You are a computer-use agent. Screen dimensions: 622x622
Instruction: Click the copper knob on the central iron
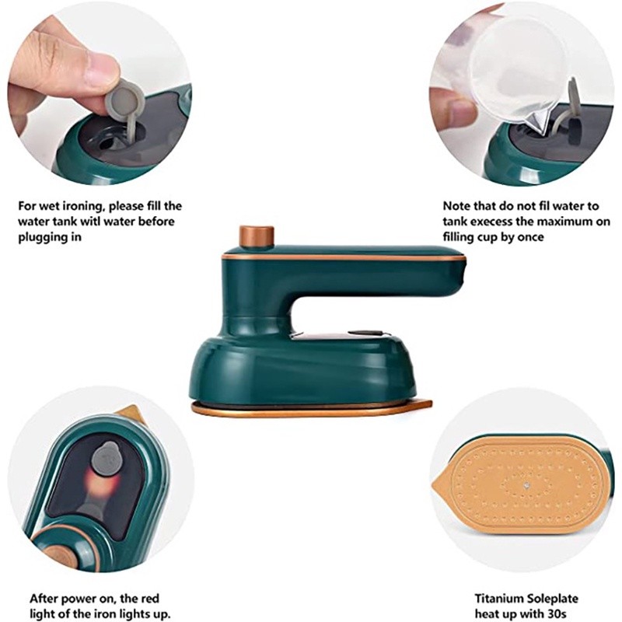(257, 236)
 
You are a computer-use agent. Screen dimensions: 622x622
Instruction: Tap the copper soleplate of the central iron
(312, 409)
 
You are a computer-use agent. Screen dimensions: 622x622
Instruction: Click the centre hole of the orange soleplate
(526, 484)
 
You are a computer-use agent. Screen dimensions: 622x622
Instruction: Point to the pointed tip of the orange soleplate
(432, 484)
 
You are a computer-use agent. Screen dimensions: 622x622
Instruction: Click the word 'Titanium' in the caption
(501, 598)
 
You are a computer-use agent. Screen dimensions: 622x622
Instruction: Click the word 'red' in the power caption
(149, 598)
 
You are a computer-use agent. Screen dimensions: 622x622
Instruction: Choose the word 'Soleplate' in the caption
(554, 598)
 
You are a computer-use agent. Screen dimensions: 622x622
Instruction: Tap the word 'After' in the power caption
(45, 598)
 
